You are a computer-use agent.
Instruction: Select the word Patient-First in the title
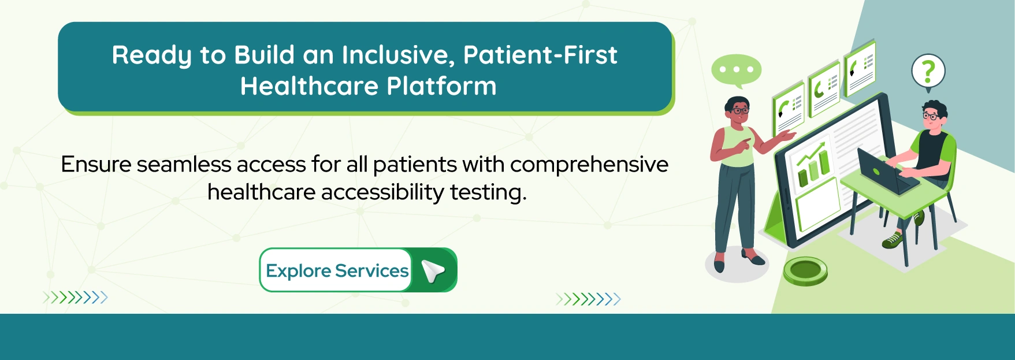click(x=540, y=55)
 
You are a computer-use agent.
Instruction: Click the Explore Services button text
click(x=337, y=270)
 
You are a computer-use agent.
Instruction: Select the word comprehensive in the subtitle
click(x=589, y=165)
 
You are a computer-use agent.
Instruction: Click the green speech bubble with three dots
click(x=736, y=70)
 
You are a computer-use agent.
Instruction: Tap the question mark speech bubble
click(x=928, y=71)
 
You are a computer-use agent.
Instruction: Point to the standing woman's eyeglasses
click(x=740, y=110)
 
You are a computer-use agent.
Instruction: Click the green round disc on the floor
click(x=805, y=270)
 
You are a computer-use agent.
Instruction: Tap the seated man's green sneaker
click(x=893, y=240)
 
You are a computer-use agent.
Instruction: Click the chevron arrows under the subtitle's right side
click(x=588, y=299)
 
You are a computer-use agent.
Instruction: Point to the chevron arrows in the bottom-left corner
click(x=75, y=298)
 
